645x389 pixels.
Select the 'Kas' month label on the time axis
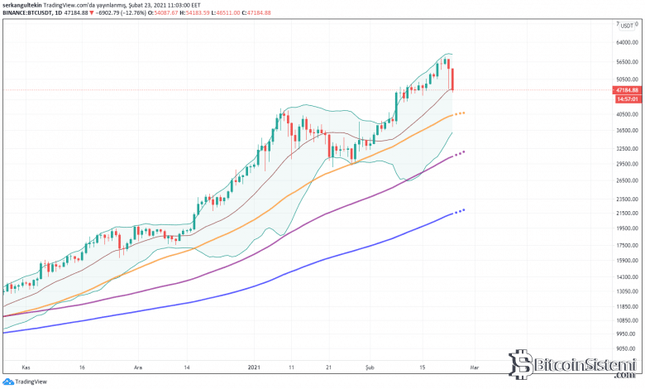click(x=26, y=365)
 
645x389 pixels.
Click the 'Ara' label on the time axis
click(x=138, y=365)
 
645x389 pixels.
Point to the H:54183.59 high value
click(x=207, y=13)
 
